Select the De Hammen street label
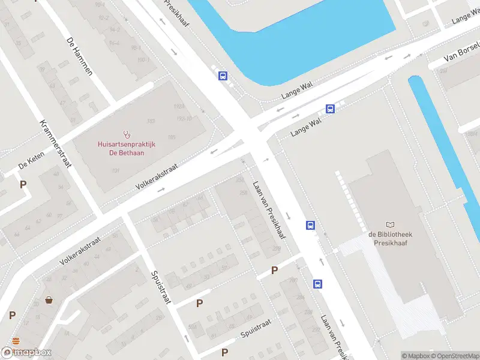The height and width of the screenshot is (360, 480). pos(79,55)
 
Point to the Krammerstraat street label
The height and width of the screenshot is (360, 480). pos(55,144)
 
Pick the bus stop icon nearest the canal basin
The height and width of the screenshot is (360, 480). pos(223,76)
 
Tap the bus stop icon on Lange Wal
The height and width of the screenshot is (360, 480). pos(330,109)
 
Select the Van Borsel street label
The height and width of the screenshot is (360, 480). pos(462,52)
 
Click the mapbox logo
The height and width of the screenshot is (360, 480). pos(26,352)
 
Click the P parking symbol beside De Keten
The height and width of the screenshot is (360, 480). pos(23,185)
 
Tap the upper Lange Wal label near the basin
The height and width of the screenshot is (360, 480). pos(298,92)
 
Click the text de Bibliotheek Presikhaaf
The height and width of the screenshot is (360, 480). pos(391,239)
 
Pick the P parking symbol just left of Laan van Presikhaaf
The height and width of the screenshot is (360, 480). pos(274,271)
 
